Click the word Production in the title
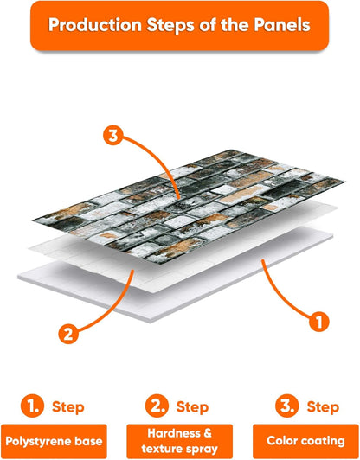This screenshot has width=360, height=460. (95, 25)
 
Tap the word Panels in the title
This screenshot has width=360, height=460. (282, 25)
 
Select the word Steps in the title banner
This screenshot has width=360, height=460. (170, 26)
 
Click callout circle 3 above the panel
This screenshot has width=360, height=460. (113, 136)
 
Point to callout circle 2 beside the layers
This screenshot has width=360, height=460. (68, 334)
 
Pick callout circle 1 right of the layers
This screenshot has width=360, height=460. (319, 322)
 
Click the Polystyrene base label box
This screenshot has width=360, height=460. (54, 441)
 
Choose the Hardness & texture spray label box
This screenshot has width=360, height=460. (180, 441)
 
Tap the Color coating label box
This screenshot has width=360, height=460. (305, 441)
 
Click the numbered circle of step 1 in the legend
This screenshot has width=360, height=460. (32, 406)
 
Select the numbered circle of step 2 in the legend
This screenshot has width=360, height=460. (157, 406)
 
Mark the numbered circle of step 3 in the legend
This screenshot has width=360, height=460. (287, 406)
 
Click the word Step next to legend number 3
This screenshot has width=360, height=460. (323, 407)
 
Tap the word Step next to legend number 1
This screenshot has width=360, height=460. (67, 407)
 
